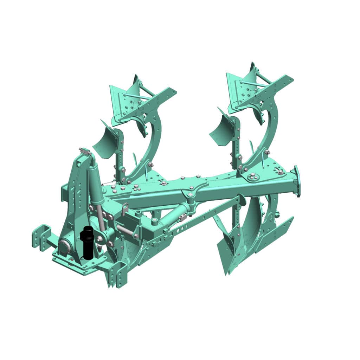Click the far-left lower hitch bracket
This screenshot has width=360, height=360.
41,237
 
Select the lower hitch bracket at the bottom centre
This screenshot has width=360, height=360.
118,275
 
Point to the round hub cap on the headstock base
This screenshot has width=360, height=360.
65,246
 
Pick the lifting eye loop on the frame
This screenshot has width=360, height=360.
124,211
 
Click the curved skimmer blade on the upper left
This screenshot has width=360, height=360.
105,141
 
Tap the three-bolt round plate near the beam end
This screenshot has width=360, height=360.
252,178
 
